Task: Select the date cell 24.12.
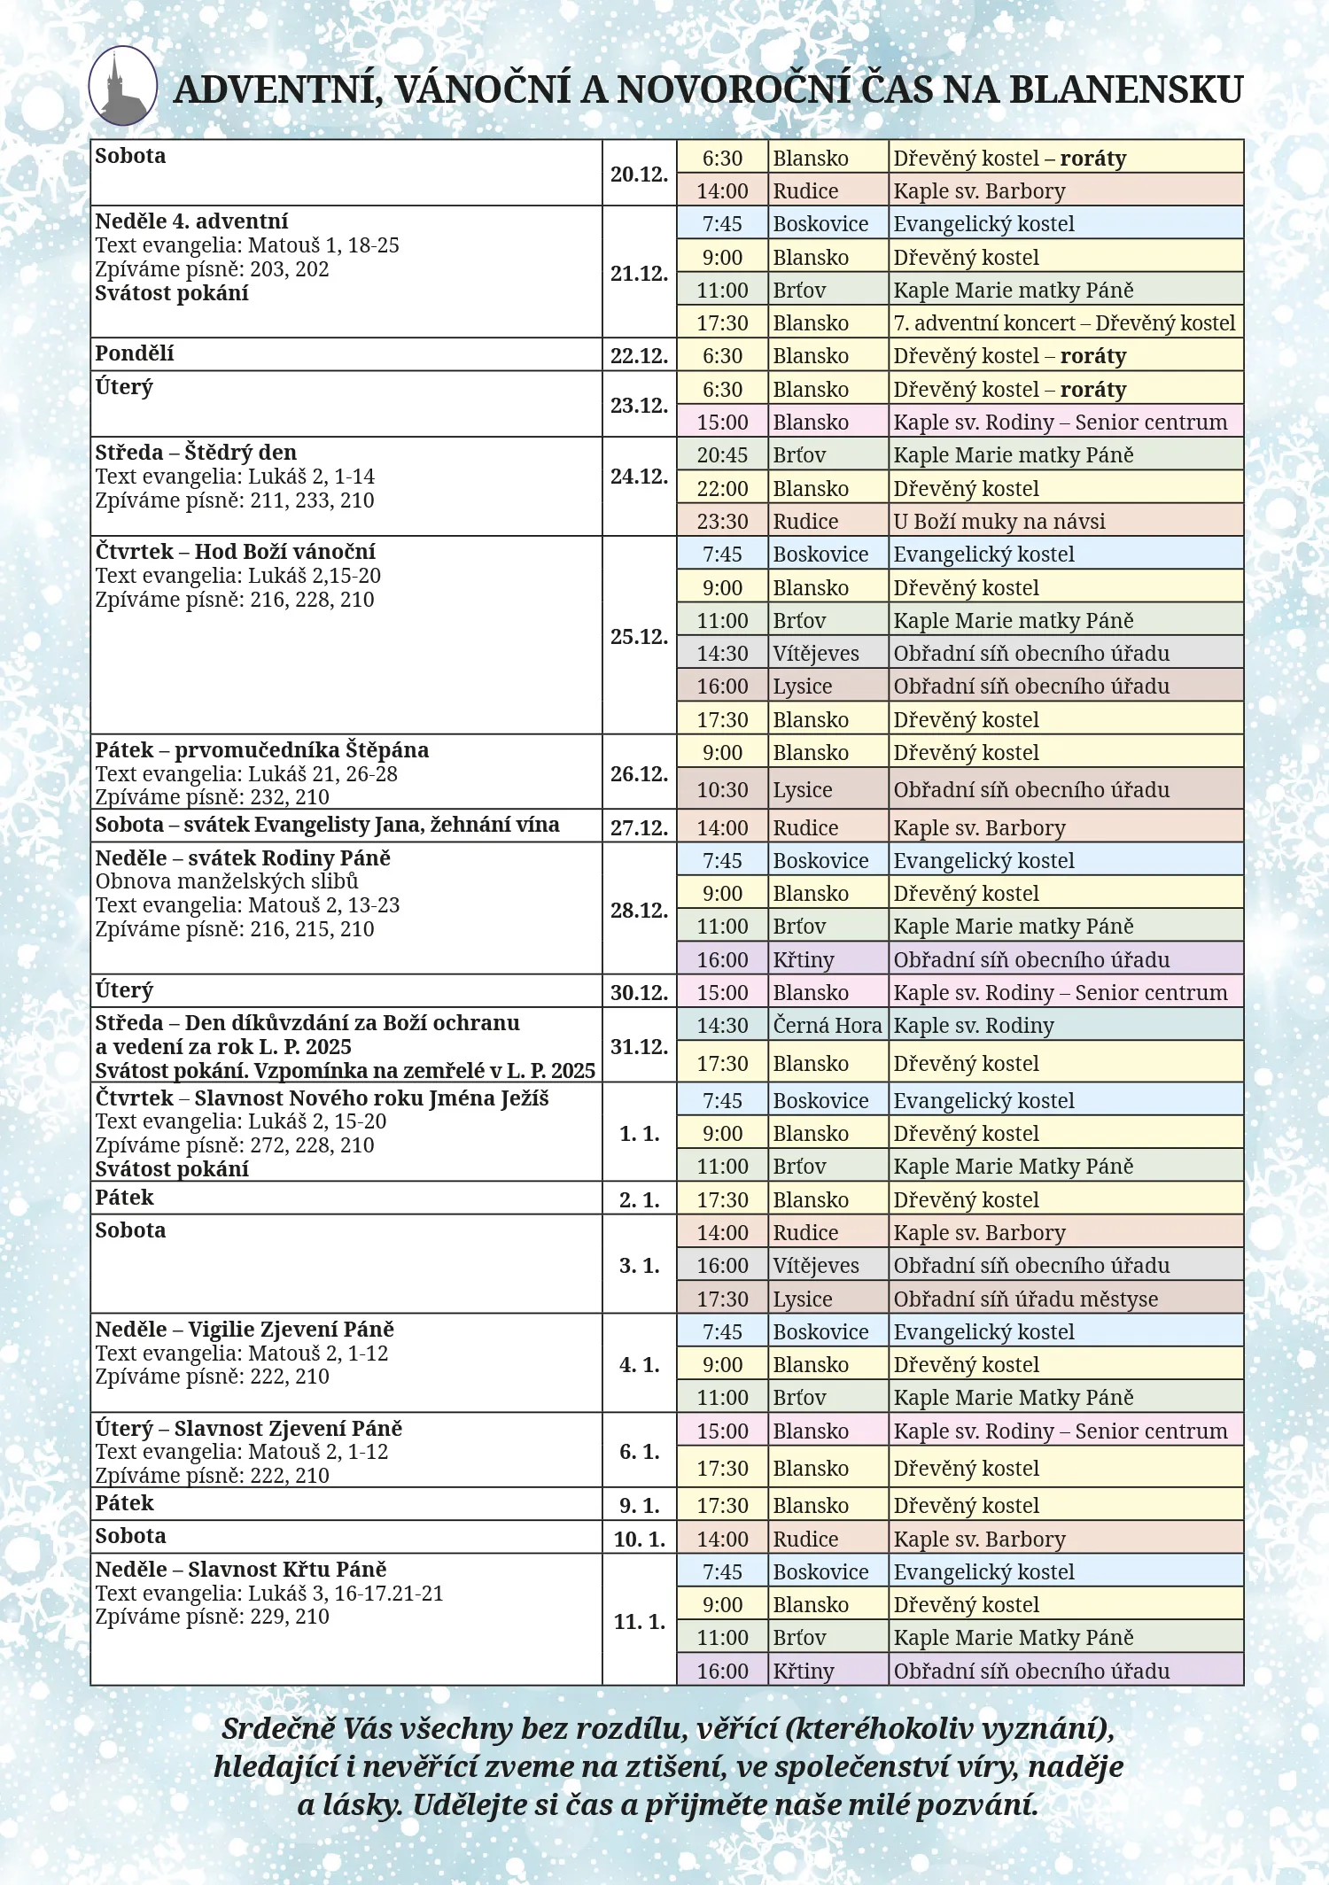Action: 639,477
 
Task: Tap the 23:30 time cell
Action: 722,521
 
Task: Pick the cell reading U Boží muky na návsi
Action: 999,521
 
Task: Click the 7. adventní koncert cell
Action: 1063,323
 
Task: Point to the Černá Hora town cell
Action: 827,1025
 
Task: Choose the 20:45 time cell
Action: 722,455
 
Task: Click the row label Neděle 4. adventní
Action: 191,221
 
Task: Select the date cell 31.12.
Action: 639,1046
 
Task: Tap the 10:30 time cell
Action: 722,789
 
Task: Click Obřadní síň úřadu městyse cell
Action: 1025,1299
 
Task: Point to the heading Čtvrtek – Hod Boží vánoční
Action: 235,552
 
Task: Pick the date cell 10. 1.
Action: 639,1539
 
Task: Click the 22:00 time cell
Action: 722,488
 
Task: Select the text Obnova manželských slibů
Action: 227,881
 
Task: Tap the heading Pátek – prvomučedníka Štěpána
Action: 261,750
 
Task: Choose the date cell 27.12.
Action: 639,827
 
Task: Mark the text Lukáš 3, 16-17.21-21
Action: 346,1593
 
